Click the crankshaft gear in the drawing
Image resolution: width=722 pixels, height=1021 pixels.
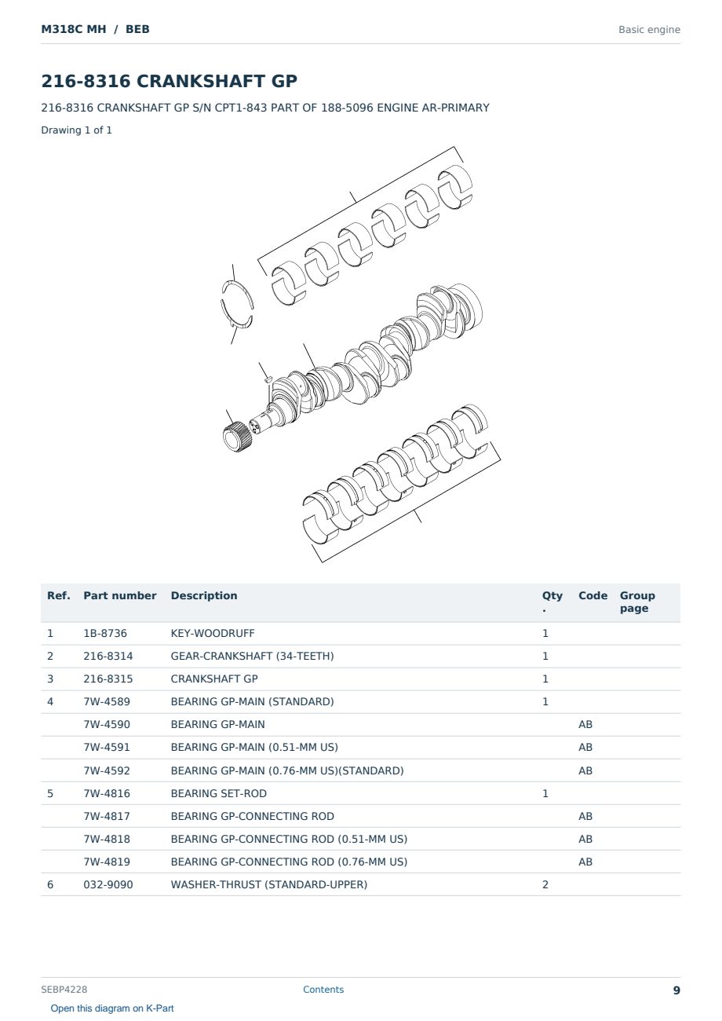pos(236,437)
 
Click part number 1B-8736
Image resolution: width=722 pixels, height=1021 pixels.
pos(105,633)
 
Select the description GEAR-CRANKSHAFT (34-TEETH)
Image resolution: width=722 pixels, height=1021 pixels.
pos(252,656)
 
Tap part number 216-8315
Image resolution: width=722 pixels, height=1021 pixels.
pos(108,679)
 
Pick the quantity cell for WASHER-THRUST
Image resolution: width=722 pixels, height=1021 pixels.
pos(545,884)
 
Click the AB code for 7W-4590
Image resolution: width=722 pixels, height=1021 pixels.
pos(585,724)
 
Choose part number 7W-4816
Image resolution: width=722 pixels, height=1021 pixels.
pos(107,793)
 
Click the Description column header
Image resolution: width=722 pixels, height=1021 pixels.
pos(203,595)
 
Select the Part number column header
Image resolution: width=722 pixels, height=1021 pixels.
pos(119,595)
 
